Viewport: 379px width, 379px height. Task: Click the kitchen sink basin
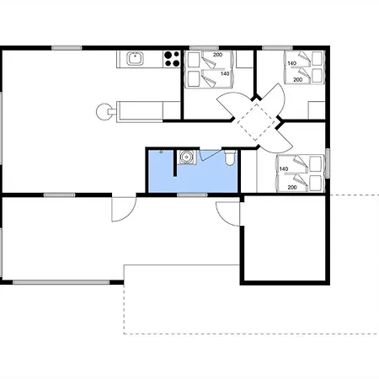click(x=135, y=59)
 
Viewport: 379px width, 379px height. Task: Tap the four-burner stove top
click(x=172, y=59)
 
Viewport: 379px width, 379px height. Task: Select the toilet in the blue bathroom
click(x=231, y=157)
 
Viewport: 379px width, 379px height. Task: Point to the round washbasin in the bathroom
click(x=186, y=157)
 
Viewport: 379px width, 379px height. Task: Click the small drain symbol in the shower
click(x=161, y=152)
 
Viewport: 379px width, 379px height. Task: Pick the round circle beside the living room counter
click(x=104, y=112)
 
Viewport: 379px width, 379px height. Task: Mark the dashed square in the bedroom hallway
click(x=255, y=122)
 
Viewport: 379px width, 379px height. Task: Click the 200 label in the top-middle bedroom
click(x=217, y=55)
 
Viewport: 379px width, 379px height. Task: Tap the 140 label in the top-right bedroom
click(x=292, y=63)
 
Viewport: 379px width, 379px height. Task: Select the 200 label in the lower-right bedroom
click(x=292, y=187)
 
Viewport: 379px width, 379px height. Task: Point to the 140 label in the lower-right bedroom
click(x=284, y=168)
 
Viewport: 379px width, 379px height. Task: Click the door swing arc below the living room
click(x=128, y=212)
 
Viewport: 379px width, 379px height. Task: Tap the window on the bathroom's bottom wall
click(x=192, y=195)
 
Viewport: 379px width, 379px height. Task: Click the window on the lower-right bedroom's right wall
click(x=328, y=163)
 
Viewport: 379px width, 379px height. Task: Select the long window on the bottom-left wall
click(x=61, y=282)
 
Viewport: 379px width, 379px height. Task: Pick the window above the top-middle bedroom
click(x=204, y=48)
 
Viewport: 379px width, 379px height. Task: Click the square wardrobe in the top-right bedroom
click(x=317, y=110)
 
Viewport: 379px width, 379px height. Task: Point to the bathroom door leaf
click(x=210, y=155)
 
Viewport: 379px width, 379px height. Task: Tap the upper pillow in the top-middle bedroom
click(x=194, y=60)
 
